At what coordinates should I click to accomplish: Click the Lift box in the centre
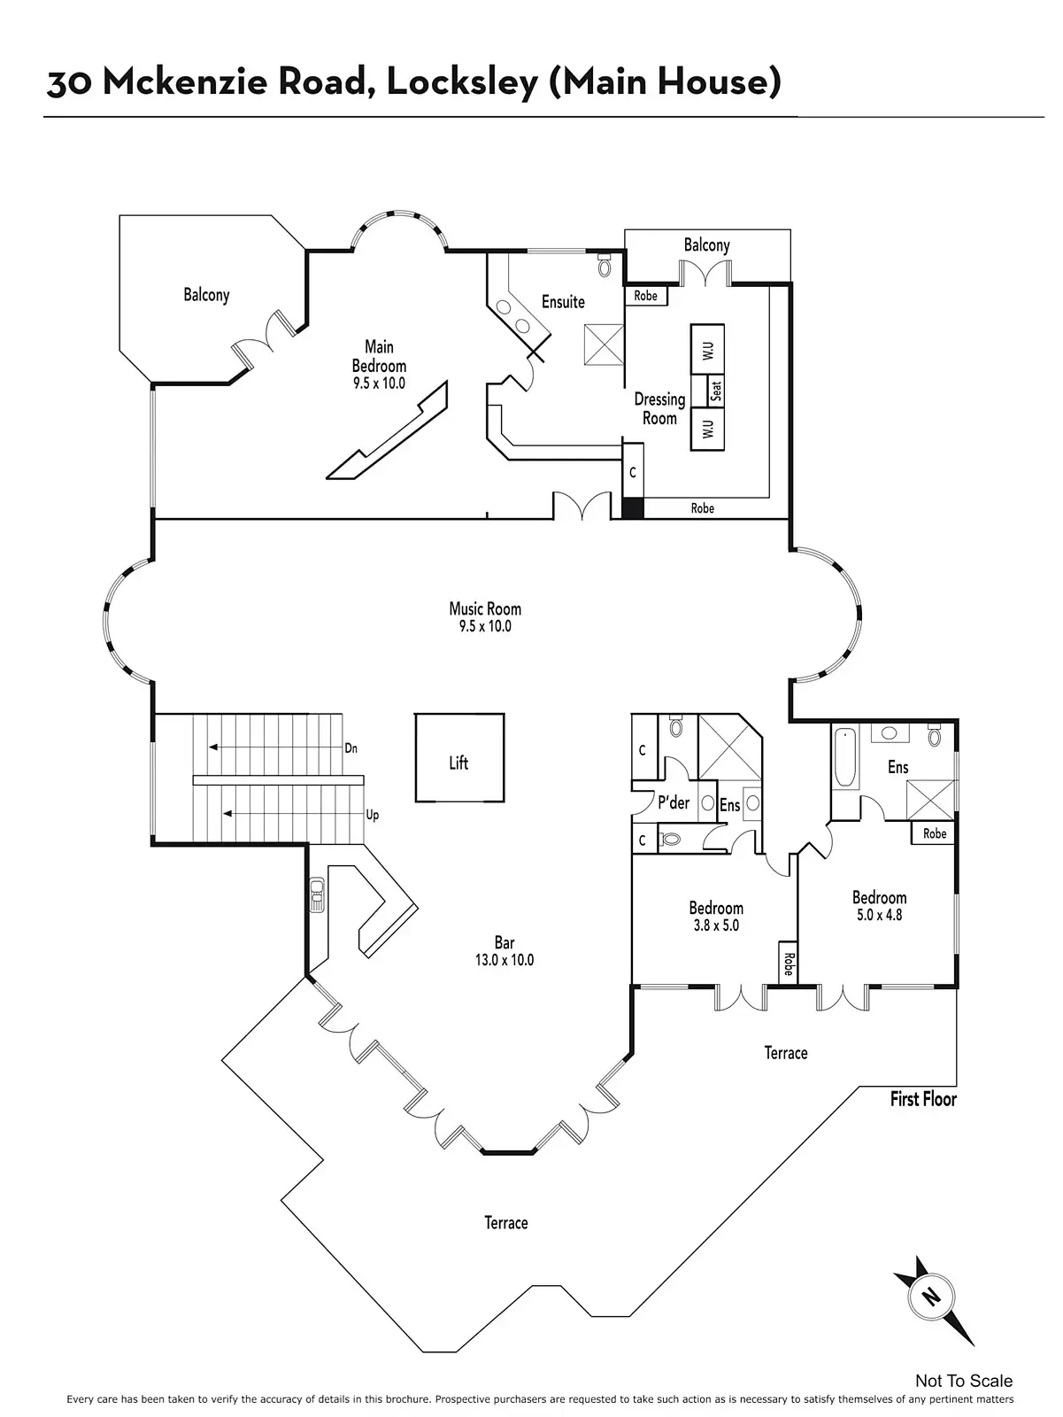click(x=459, y=759)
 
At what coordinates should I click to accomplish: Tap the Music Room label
click(x=485, y=608)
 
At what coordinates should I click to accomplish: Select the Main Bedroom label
click(x=379, y=356)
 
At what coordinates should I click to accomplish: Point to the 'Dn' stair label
click(x=351, y=748)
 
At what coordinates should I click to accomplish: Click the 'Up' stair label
click(x=372, y=815)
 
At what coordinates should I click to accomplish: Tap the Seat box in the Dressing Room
click(x=716, y=390)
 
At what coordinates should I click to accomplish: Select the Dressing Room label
click(x=659, y=408)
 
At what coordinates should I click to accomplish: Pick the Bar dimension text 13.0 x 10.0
click(x=504, y=960)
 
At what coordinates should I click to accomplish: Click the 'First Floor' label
click(x=923, y=1099)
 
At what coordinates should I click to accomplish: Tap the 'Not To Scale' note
click(x=964, y=1381)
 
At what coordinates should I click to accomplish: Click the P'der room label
click(x=674, y=803)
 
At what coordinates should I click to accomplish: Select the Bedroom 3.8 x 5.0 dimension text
click(x=716, y=925)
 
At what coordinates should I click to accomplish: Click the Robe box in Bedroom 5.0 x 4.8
click(x=934, y=833)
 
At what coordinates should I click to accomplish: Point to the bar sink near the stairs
click(x=316, y=894)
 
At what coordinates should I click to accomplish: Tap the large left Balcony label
click(x=206, y=295)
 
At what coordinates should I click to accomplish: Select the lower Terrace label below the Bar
click(x=505, y=1223)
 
